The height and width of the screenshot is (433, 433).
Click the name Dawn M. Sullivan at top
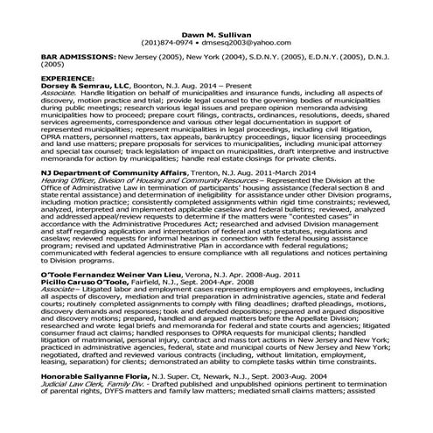click(216, 32)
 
